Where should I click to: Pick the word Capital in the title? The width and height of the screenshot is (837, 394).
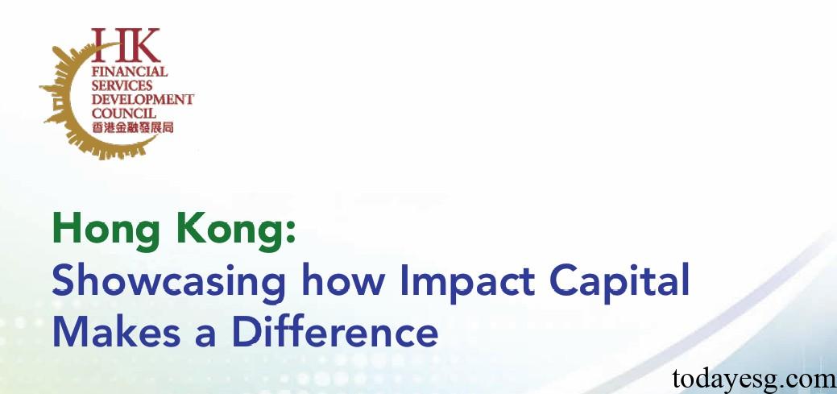coord(619,283)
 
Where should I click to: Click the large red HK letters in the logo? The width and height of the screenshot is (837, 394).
coord(126,45)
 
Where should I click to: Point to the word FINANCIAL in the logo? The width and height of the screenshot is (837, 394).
coord(130,71)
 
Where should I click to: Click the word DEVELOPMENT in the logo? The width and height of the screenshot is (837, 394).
coord(143,99)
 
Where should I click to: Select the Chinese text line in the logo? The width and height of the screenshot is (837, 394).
coord(132,127)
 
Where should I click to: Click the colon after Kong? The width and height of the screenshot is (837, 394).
coord(291,234)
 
